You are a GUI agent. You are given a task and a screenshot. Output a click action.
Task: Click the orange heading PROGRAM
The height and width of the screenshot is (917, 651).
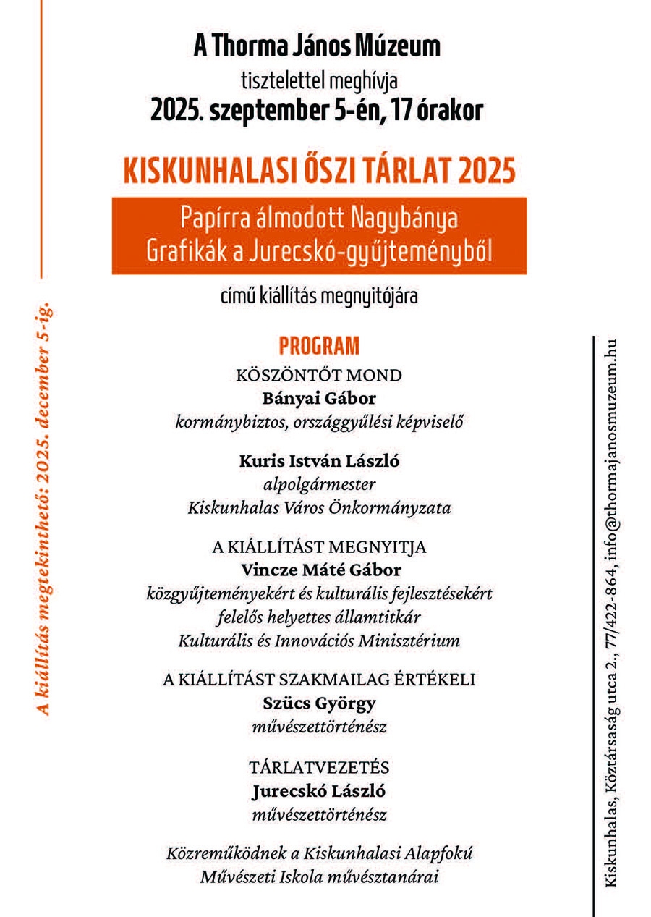click(x=319, y=346)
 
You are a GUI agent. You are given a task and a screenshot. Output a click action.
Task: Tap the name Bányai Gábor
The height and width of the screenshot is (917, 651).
click(x=319, y=398)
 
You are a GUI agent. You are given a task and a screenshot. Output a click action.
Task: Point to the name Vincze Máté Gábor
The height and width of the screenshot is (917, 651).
click(x=319, y=570)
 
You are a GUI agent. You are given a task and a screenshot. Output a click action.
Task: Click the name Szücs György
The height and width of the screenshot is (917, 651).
click(x=319, y=703)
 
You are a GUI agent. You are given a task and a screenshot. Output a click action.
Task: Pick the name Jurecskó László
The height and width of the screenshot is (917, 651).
click(x=319, y=791)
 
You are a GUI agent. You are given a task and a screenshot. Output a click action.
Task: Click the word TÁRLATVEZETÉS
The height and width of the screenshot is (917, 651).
click(x=319, y=767)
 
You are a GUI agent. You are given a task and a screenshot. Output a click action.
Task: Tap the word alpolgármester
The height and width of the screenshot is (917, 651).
click(x=319, y=484)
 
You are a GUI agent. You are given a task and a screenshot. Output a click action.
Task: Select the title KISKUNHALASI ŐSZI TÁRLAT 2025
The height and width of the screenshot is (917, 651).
click(x=319, y=172)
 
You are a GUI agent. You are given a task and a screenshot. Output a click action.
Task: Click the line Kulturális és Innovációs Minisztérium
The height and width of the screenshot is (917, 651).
click(x=319, y=641)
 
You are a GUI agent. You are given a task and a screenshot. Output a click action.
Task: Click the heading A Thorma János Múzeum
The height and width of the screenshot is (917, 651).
click(x=317, y=47)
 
